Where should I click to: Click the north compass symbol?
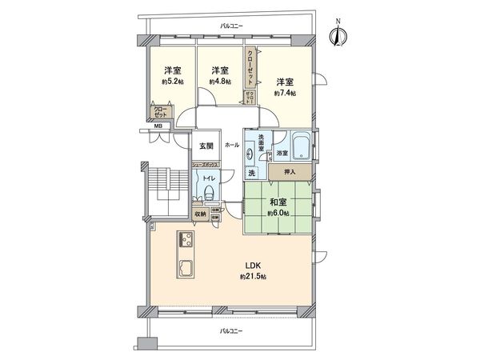pos(338,36)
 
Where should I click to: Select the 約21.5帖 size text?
pos(251,276)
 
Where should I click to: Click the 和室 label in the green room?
pos(278,202)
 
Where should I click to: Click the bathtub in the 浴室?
pos(302,146)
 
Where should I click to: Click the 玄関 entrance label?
pos(205,146)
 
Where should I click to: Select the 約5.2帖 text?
pos(170,82)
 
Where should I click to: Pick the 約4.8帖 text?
pos(219,82)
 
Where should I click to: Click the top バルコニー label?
pos(232,26)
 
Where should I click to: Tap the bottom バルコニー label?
pos(232,330)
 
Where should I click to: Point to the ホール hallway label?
pos(232,146)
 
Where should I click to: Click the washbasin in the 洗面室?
pos(255,152)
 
